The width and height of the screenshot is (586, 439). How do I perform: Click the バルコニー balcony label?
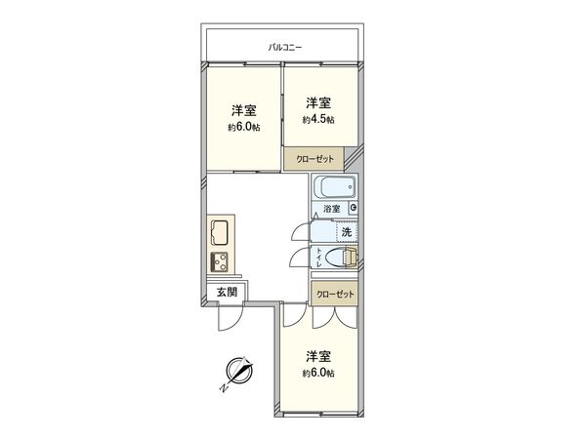click(x=287, y=47)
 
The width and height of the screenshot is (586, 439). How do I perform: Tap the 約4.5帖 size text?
click(x=318, y=119)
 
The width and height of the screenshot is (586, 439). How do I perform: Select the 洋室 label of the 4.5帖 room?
click(x=317, y=102)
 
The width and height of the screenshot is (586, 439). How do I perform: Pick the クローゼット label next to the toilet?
click(x=335, y=294)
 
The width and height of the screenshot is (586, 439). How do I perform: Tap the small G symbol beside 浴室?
click(x=353, y=208)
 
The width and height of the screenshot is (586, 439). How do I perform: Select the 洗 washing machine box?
click(x=347, y=231)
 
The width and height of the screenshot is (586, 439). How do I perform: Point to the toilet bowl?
click(x=338, y=259)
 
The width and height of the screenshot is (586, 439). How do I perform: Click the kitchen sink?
click(x=217, y=234)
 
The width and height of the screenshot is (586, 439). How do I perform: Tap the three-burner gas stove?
click(x=217, y=261)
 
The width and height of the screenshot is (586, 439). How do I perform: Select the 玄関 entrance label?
click(x=227, y=292)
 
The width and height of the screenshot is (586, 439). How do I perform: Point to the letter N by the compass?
click(x=223, y=387)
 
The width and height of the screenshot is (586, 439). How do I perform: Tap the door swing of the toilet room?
click(x=301, y=259)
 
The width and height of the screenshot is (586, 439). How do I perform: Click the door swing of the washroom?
click(x=301, y=231)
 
